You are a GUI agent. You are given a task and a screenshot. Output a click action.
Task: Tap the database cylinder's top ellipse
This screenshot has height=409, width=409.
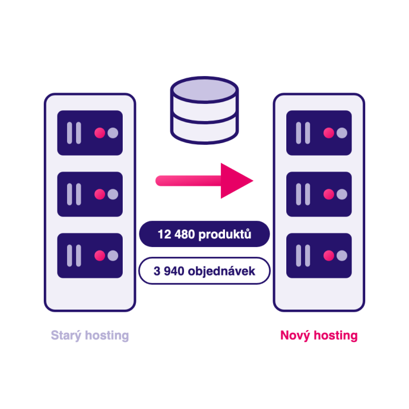pos(204,90)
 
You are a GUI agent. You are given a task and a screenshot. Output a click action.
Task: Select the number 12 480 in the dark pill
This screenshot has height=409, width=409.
pos(176,234)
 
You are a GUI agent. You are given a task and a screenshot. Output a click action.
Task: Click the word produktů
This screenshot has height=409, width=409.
pos(225,234)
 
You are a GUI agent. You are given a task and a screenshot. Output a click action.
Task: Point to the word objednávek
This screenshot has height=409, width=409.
pos(222,271)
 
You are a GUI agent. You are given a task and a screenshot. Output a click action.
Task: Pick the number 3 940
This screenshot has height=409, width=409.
pos(169,272)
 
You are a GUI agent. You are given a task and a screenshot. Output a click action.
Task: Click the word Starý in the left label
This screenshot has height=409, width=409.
pos(66,336)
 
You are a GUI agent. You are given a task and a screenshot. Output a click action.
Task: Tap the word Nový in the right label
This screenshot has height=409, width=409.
pos(295,336)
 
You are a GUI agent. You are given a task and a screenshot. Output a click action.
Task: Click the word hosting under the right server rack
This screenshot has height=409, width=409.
pos(336,336)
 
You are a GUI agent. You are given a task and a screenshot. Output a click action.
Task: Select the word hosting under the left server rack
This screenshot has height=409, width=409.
pos(107,336)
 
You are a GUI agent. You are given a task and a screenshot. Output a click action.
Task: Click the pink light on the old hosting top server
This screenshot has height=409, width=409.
pos(99,133)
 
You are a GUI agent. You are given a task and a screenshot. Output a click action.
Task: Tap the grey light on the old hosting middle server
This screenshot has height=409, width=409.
pos(112,194)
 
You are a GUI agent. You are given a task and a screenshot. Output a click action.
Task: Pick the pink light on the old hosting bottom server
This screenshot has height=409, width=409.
pos(99,256)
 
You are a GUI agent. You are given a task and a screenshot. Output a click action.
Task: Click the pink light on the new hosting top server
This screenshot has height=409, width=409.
pos(329,133)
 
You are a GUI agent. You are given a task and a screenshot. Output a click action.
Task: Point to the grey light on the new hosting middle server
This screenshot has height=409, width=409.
pos(342,194)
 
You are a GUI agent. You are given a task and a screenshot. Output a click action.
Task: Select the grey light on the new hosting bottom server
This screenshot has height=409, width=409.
pos(342,256)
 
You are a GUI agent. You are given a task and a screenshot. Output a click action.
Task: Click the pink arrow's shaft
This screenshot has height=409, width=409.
pos(189,181)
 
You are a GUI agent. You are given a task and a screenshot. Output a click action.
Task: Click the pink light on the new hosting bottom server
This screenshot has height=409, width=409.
pos(329,256)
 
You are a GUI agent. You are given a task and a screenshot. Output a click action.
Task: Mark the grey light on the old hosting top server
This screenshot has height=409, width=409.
pos(112,133)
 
